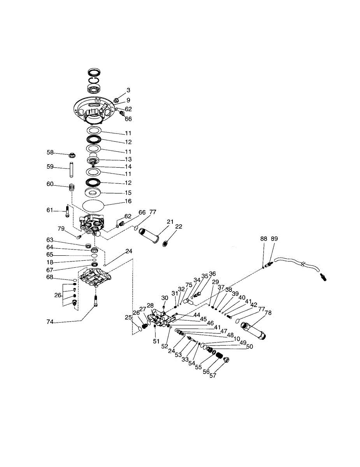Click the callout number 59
pos(50,167)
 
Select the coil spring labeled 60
pos(72,188)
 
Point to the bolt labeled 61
pos(68,212)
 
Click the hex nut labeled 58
pos(72,154)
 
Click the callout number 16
pos(128,201)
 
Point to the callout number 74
pos(49,322)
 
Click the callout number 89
pos(274,238)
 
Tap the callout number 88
pos(263,238)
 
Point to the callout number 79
pos(61,228)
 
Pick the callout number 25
pos(128,318)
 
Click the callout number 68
pos(49,277)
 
